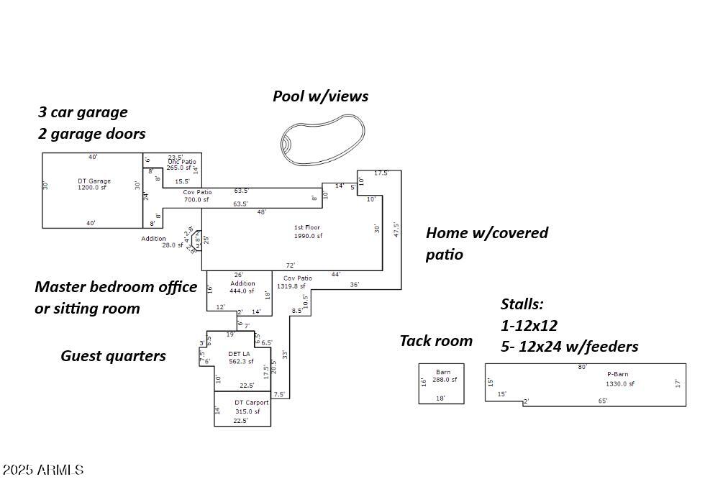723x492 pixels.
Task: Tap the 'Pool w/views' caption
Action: [320, 96]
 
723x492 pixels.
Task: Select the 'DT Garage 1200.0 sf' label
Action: [94, 184]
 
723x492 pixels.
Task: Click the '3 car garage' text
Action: [83, 112]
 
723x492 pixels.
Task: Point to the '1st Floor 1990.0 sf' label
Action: [307, 232]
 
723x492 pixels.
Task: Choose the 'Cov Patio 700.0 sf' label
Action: [196, 196]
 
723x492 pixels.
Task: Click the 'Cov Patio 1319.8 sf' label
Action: [296, 282]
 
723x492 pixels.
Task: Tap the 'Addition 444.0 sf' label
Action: [242, 287]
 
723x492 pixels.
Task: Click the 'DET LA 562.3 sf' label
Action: [240, 357]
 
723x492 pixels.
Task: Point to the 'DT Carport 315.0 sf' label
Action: [250, 407]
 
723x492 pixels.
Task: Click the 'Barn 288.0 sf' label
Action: [442, 376]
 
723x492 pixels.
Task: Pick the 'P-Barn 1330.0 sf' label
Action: [619, 379]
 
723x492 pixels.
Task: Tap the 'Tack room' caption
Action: [436, 341]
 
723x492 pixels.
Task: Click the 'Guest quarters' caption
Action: [113, 356]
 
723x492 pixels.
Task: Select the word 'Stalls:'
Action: [522, 304]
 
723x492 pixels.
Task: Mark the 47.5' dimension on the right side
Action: [396, 229]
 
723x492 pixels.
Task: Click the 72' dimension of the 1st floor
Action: [290, 265]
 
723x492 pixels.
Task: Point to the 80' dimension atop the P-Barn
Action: [582, 367]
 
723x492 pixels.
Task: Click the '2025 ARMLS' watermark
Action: [43, 470]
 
